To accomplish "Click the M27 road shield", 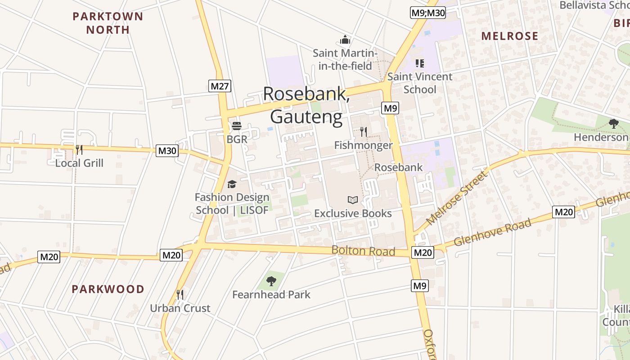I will click(220, 86).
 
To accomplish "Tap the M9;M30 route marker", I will click(428, 13).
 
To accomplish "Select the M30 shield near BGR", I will click(167, 151).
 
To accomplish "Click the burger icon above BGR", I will click(237, 126).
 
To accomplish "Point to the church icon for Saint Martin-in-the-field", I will click(345, 40).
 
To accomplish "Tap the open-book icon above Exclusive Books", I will click(353, 200).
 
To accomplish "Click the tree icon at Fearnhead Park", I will click(271, 281).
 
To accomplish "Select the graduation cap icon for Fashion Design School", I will click(232, 184).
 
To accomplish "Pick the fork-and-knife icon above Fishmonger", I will click(363, 132).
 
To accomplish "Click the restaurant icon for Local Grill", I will click(79, 150).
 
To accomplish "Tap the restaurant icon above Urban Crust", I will click(180, 295).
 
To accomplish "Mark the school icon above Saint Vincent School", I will click(419, 63).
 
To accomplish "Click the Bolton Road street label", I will click(363, 251).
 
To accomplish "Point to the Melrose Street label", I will click(457, 198).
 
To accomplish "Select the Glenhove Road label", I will click(492, 232).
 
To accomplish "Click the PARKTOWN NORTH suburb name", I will click(108, 23).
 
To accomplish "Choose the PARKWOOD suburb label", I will click(108, 289).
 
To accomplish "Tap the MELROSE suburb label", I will click(510, 36).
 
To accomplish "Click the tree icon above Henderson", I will click(613, 124).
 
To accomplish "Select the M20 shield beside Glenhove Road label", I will click(563, 212).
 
